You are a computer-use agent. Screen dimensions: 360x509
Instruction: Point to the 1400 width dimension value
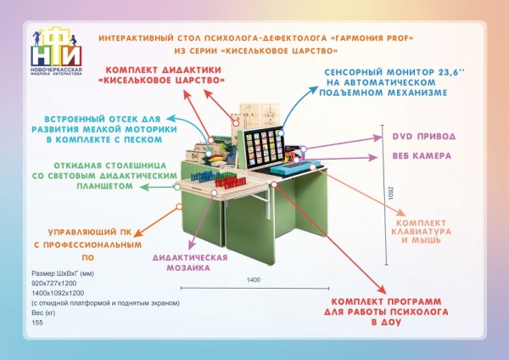tap(254, 279)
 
